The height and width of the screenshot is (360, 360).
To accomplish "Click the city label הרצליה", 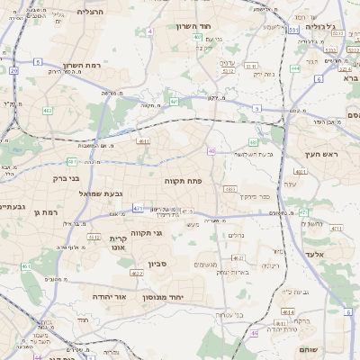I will point(90,12).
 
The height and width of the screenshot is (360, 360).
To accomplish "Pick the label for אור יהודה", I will point(112,295).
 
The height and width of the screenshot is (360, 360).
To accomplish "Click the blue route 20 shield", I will point(13,69).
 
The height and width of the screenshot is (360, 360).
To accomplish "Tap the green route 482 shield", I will point(48,111).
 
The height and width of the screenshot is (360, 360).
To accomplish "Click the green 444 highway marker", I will point(294,68).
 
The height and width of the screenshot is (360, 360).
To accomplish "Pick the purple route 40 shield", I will point(211,151).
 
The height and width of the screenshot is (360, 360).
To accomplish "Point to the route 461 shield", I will point(26,266).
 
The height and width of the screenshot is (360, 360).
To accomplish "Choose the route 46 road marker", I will point(255,333).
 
